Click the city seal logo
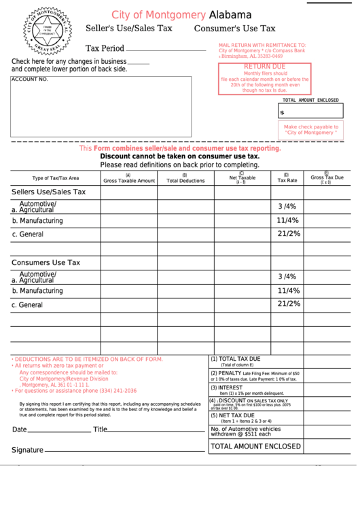[x=47, y=31]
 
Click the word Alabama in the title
[x=230, y=14]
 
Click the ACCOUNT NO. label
[x=30, y=80]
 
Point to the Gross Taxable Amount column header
[x=129, y=179]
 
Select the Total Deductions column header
[x=185, y=179]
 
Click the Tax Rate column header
[x=287, y=179]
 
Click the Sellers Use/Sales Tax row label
[x=49, y=192]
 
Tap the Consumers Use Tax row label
[x=46, y=262]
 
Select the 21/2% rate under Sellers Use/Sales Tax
[x=289, y=234]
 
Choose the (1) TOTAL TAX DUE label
[x=236, y=359]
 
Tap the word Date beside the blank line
[x=20, y=429]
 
